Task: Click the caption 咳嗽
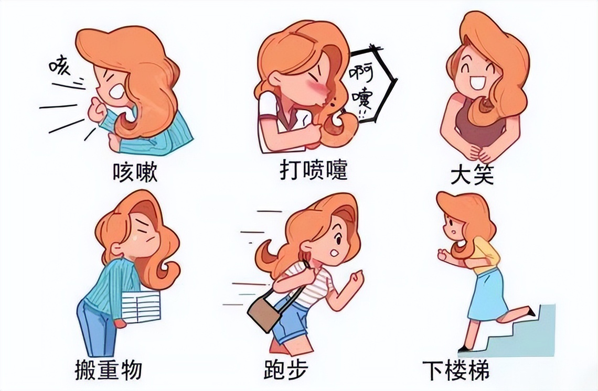tap(135, 172)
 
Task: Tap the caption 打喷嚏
tap(313, 171)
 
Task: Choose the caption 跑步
tap(286, 370)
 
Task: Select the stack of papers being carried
tap(141, 307)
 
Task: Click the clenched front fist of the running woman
tap(357, 277)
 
